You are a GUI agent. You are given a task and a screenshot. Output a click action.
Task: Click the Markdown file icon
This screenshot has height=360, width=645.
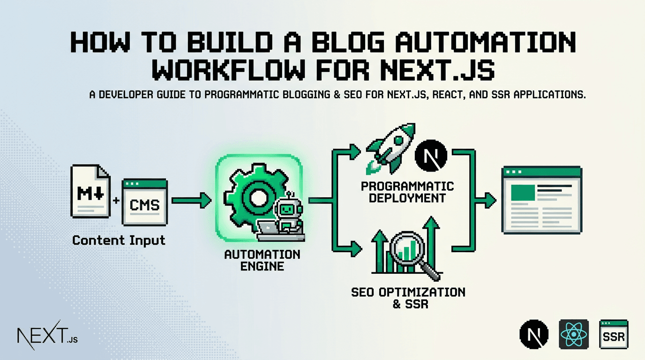[x=90, y=191]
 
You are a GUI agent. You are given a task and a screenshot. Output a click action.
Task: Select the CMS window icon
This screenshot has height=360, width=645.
[x=144, y=202]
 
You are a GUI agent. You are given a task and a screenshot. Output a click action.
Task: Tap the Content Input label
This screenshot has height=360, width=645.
[x=119, y=240]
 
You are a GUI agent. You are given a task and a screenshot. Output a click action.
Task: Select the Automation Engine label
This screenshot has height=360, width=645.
[x=262, y=260]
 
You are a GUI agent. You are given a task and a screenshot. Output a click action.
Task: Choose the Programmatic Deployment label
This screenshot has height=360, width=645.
[x=407, y=192]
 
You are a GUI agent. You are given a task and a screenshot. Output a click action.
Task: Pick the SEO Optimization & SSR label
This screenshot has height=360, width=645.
[x=408, y=298]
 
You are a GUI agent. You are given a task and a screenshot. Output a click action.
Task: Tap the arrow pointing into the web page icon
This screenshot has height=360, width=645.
[x=487, y=201]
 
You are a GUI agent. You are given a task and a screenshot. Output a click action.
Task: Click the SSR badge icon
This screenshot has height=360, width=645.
[x=614, y=335]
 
